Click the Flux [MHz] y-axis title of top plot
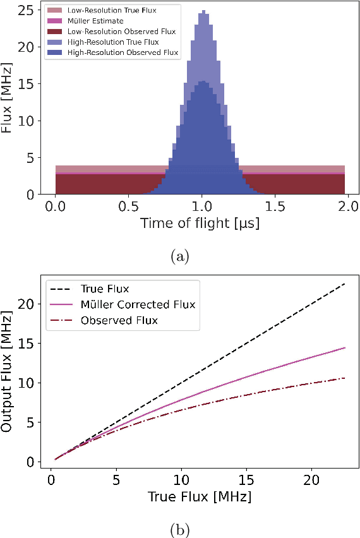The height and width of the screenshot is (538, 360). [8, 101]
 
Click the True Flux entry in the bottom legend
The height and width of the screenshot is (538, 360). [105, 289]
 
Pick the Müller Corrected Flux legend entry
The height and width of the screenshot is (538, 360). [138, 305]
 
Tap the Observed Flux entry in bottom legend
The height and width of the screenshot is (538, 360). [119, 321]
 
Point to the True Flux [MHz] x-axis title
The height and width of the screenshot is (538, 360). [200, 497]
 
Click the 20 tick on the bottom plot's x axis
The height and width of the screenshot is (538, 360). [311, 481]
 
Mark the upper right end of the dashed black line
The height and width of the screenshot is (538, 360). [345, 284]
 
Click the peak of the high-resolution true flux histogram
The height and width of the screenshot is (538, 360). [203, 11]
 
